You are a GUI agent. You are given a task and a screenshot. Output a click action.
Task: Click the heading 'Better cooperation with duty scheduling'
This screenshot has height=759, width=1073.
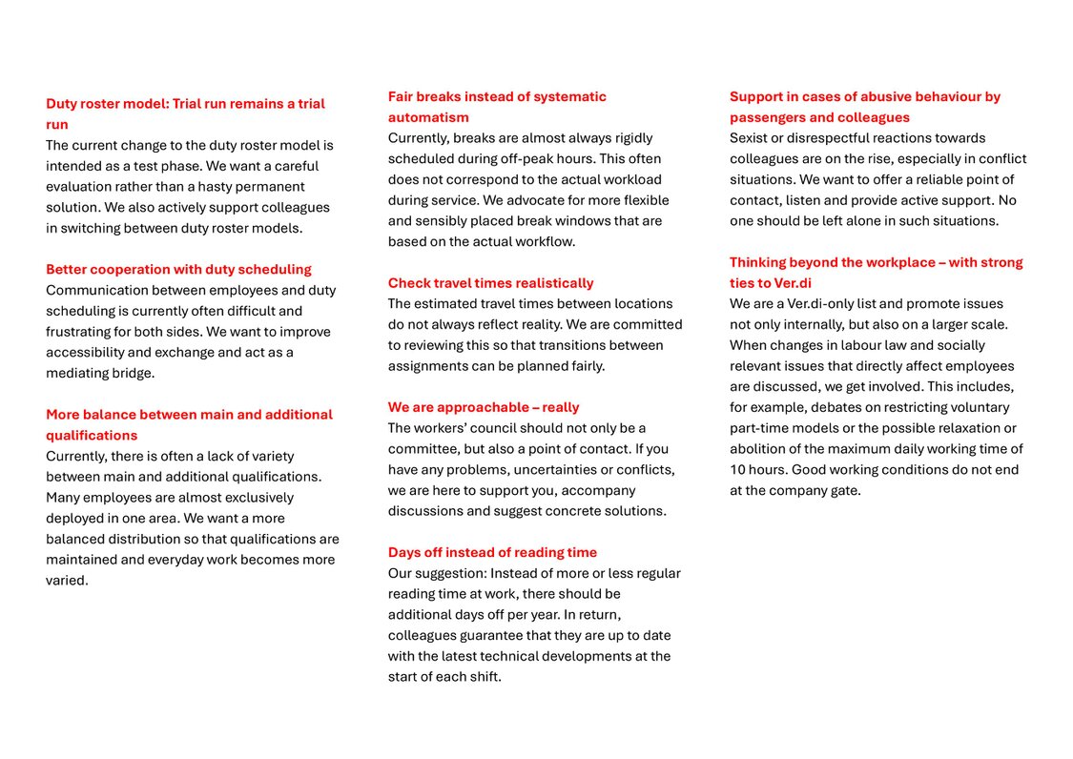pos(178,270)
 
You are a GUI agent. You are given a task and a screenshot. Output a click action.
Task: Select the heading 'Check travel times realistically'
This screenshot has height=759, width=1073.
pos(490,283)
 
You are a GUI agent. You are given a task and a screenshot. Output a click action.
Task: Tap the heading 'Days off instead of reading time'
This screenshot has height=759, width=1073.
pos(492,552)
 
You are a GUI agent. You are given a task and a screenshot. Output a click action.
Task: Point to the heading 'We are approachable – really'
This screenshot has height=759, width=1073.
pos(484,407)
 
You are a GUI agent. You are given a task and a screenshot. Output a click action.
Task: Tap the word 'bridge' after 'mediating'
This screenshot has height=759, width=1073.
pos(134,374)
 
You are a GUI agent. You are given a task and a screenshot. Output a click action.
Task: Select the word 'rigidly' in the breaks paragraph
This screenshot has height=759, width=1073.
pos(638,138)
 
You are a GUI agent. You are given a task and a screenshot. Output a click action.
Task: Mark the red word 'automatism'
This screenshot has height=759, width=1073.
pos(428,117)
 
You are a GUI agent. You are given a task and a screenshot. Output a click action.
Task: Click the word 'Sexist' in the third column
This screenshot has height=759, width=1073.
pos(751,138)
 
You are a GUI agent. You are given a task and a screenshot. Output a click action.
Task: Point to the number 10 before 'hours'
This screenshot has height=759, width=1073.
pos(738,470)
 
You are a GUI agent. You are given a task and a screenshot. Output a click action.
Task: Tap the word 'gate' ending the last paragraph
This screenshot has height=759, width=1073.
pos(846,491)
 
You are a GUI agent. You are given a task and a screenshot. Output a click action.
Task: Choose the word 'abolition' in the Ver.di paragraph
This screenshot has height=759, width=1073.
pos(759,449)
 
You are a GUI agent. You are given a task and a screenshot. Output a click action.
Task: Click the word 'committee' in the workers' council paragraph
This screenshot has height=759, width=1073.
pos(423,449)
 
